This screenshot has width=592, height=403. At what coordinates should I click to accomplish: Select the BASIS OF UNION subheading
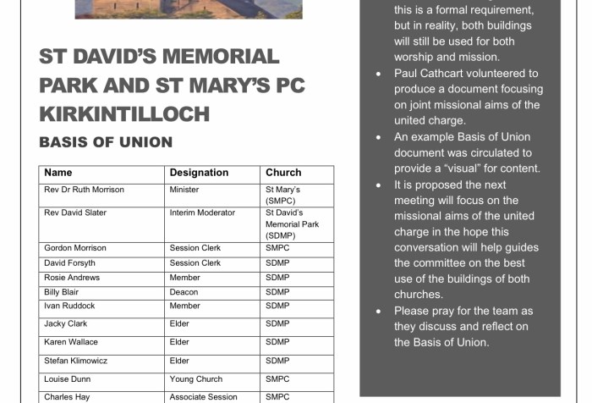click(106, 142)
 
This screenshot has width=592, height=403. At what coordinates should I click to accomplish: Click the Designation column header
click(199, 173)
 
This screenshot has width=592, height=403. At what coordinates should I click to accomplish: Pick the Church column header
click(283, 173)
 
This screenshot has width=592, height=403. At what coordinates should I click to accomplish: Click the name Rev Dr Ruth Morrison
click(84, 190)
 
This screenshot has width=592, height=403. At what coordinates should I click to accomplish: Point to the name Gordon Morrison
click(77, 249)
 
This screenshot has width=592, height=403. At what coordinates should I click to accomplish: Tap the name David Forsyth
click(72, 263)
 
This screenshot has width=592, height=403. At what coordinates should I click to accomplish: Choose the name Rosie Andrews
click(72, 278)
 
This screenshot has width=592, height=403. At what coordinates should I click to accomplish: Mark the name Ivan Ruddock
click(69, 306)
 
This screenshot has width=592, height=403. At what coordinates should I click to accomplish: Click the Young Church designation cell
click(197, 379)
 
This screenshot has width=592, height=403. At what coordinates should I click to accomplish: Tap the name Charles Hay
click(68, 396)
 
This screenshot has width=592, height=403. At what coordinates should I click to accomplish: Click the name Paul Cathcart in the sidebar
click(431, 74)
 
